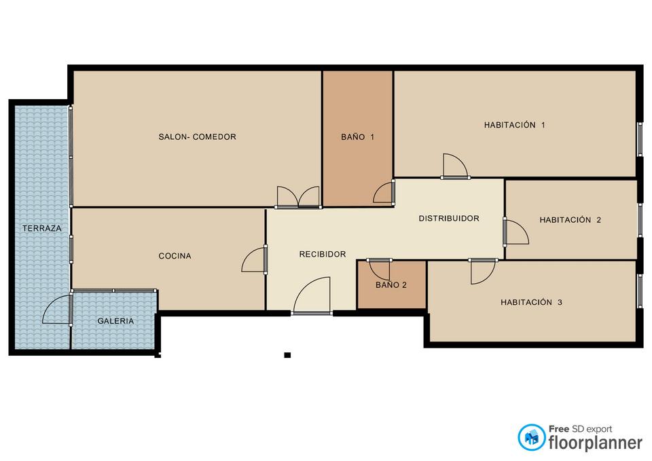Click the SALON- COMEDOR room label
pyautogui.click(x=197, y=136)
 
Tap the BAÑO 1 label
pyautogui.click(x=358, y=136)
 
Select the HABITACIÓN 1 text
pyautogui.click(x=514, y=125)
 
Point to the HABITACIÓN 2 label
pyautogui.click(x=570, y=220)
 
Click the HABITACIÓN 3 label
pyautogui.click(x=531, y=302)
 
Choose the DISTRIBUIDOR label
pyautogui.click(x=449, y=218)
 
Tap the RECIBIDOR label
pyautogui.click(x=322, y=254)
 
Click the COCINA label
pyautogui.click(x=175, y=256)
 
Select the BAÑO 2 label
pyautogui.click(x=391, y=284)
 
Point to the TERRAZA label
pyautogui.click(x=41, y=228)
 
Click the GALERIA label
pyautogui.click(x=115, y=321)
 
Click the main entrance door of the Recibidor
pyautogui.click(x=312, y=295)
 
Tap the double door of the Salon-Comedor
pyautogui.click(x=298, y=197)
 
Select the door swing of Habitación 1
pyautogui.click(x=455, y=166)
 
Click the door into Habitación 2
pyautogui.click(x=516, y=232)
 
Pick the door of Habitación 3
pyautogui.click(x=483, y=272)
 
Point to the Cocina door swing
pyautogui.click(x=253, y=260)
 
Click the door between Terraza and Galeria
pyautogui.click(x=57, y=310)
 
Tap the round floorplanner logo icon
pyautogui.click(x=531, y=437)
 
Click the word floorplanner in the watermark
pyautogui.click(x=596, y=443)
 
